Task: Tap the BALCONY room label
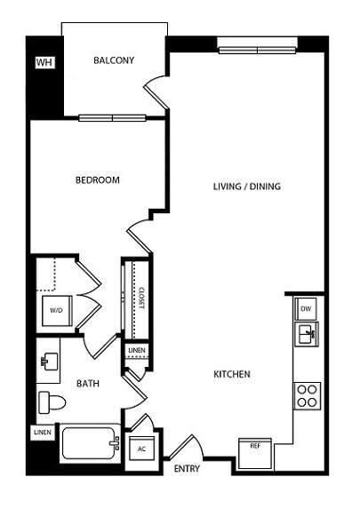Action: [114, 60]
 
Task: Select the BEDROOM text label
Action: [97, 179]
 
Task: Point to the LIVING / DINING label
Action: [246, 187]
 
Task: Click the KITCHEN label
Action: [231, 374]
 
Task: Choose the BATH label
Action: [87, 384]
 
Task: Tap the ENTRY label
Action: [187, 468]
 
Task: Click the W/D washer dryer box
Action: [56, 310]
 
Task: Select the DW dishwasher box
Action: [305, 308]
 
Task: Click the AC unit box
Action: [140, 449]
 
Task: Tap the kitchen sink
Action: [306, 335]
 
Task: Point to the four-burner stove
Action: [307, 394]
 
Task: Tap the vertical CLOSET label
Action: [140, 298]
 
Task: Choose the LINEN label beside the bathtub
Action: [42, 433]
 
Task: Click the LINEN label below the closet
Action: [136, 351]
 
